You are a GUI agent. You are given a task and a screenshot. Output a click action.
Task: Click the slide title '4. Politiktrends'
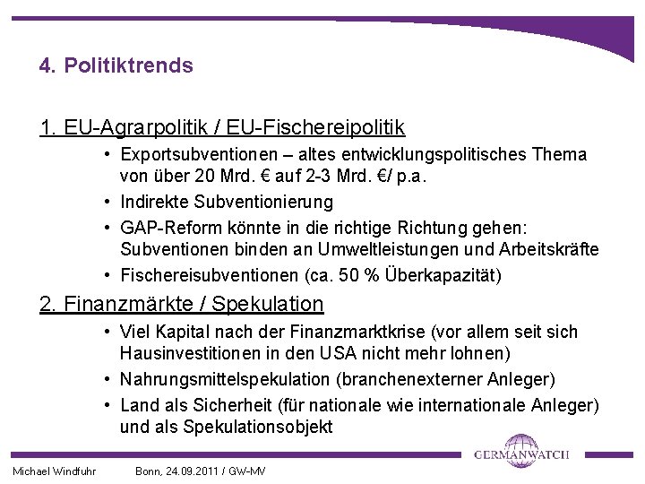[116, 66]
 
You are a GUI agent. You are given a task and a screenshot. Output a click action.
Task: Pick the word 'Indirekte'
[158, 202]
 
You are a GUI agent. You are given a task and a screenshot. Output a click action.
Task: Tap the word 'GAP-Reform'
[167, 226]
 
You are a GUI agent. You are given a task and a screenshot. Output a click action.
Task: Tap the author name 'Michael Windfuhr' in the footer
[54, 471]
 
